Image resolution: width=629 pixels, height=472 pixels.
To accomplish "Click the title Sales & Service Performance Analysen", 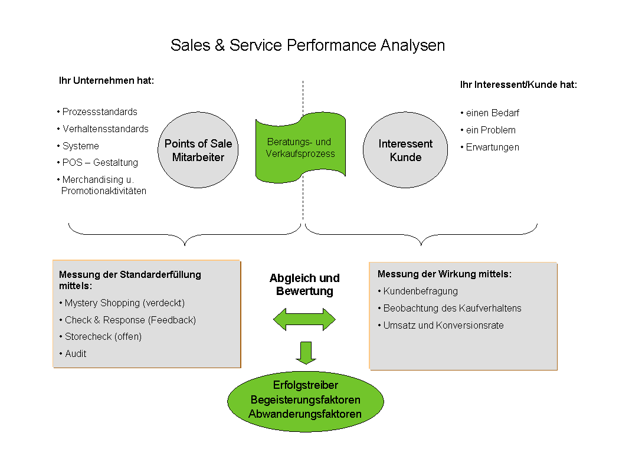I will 307,45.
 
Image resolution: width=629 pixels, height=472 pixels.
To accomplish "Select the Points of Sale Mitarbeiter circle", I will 198,150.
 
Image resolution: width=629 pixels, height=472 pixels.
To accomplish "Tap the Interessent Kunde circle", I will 405,150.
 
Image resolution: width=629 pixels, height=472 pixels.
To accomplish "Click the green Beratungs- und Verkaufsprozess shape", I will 300,148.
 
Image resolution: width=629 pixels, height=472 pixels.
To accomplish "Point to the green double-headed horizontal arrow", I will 304,320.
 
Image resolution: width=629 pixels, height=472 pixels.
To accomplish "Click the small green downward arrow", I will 306,352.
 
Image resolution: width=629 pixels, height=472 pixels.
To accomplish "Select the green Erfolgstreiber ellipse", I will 305,401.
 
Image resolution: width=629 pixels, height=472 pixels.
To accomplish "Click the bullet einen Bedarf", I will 492,113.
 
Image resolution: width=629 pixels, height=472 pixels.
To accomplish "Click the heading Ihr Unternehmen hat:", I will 106,80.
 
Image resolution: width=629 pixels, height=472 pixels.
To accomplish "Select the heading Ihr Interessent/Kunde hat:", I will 518,84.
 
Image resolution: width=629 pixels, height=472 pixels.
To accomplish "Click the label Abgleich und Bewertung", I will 304,284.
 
